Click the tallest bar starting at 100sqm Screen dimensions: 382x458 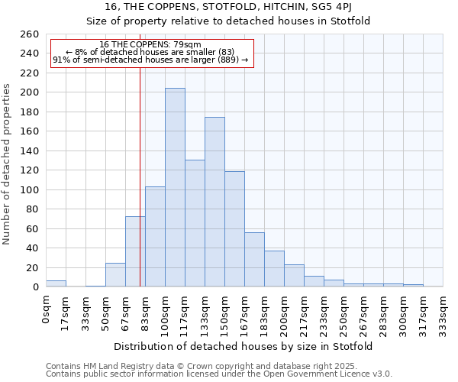click(175, 187)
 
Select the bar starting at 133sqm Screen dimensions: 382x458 click(214, 202)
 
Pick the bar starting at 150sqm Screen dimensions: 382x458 click(234, 228)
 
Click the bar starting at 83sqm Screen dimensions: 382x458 click(155, 236)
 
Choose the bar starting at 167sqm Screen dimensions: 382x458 click(254, 260)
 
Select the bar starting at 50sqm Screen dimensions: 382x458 click(115, 275)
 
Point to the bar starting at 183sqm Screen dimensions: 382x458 click(274, 269)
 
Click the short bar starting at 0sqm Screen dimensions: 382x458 click(56, 283)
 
